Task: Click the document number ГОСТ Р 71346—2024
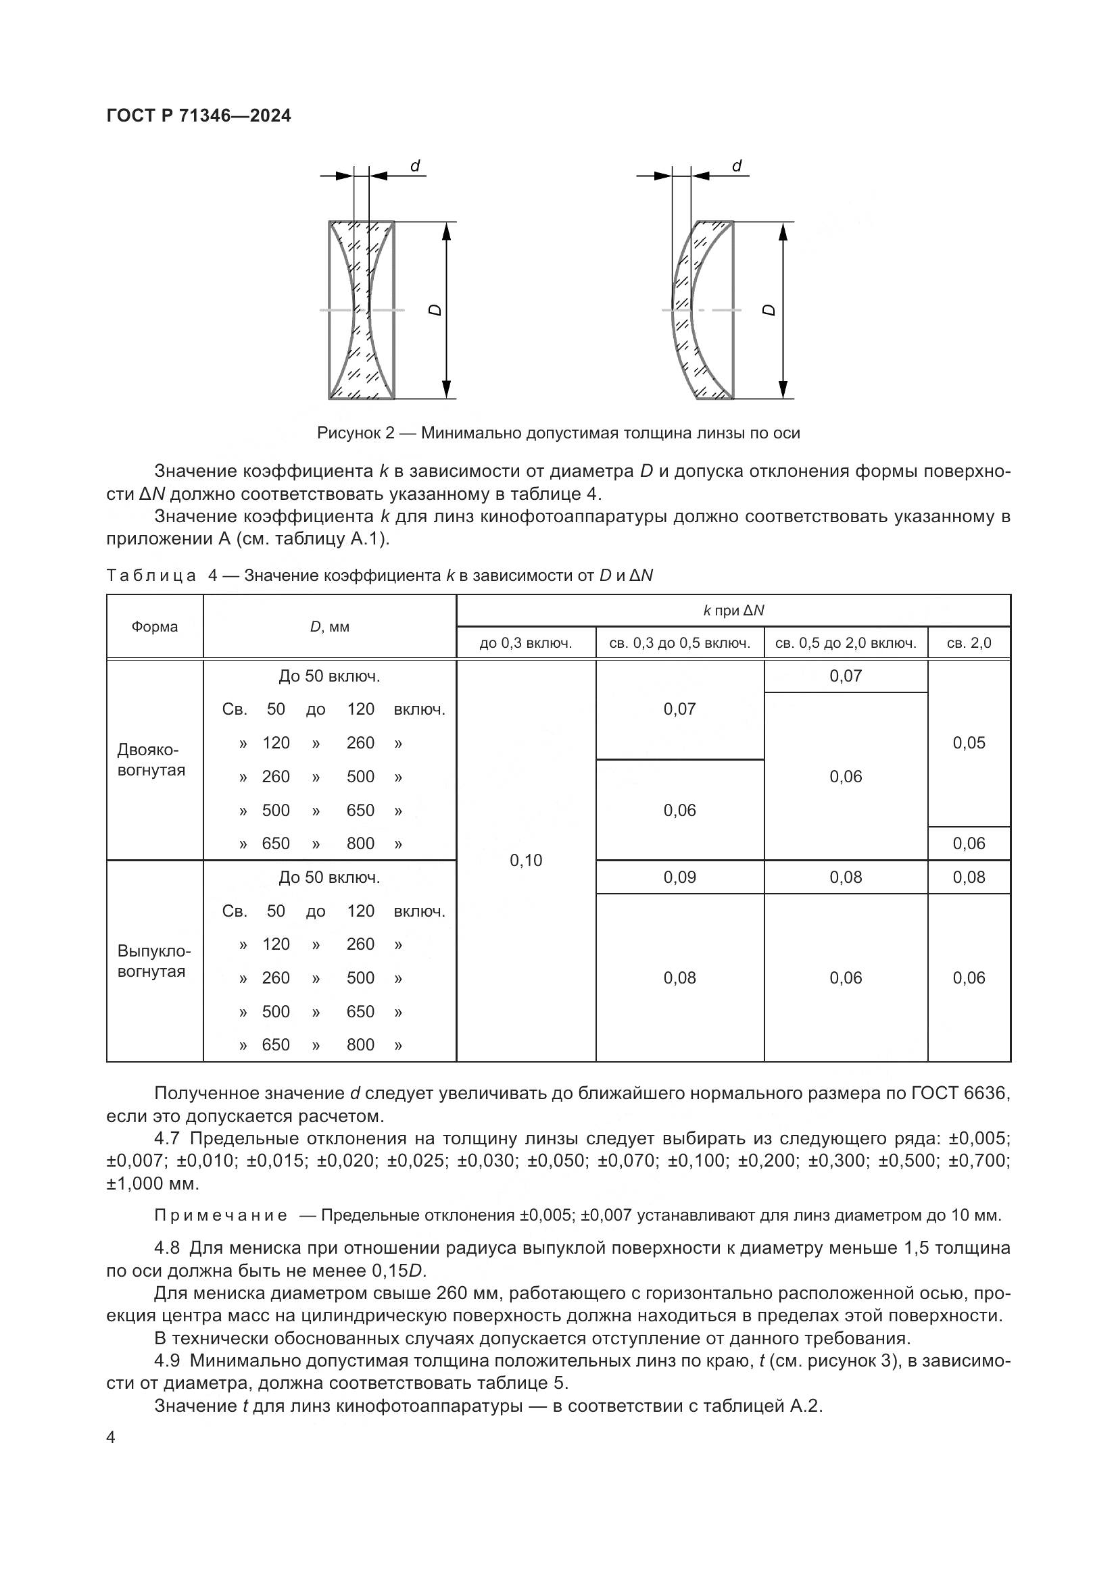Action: click(198, 116)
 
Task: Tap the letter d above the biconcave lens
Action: click(415, 166)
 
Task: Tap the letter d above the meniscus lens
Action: click(737, 166)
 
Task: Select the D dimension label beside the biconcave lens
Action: click(435, 310)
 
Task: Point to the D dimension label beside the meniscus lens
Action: click(770, 310)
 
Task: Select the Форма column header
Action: click(154, 627)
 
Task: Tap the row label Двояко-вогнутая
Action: click(151, 760)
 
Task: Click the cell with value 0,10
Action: click(525, 860)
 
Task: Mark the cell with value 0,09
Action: click(679, 877)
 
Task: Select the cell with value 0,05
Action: click(969, 742)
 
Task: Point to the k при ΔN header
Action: click(733, 611)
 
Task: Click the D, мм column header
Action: click(329, 627)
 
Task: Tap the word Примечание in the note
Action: click(221, 1215)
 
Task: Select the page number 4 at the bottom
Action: click(111, 1437)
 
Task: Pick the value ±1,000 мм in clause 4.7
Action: click(152, 1183)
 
